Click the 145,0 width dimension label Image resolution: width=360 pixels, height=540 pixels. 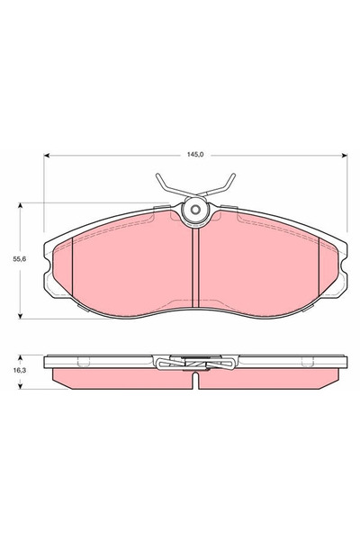195,155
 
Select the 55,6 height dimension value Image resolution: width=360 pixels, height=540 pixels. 20,259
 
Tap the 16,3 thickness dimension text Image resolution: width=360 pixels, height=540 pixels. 20,371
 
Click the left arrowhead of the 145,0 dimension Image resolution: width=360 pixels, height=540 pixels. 47,156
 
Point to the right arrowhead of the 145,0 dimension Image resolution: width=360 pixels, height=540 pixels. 344,156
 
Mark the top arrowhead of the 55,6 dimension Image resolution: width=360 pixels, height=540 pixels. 21,205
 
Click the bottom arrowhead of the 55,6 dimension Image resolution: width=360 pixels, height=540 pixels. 21,316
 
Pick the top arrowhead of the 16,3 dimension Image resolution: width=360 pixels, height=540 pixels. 21,358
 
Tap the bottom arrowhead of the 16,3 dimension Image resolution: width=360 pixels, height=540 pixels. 21,386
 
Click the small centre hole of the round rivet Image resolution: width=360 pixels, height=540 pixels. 195,210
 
